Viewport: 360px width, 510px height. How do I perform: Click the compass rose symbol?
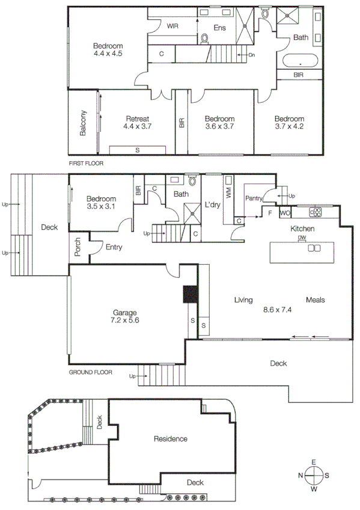point(313,476)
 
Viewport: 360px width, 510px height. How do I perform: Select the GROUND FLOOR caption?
point(91,372)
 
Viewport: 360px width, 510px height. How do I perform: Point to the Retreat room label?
point(137,118)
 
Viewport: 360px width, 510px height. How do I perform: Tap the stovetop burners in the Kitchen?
point(316,212)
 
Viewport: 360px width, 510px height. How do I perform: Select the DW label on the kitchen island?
point(301,239)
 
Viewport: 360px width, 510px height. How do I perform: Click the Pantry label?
point(253,197)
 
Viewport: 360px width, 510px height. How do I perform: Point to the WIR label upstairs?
point(172,26)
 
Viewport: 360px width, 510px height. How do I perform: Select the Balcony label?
point(84,123)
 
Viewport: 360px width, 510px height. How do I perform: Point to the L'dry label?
point(213,204)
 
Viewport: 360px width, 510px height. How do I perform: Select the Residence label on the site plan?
point(170,439)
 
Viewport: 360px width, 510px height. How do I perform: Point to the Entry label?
point(115,247)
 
